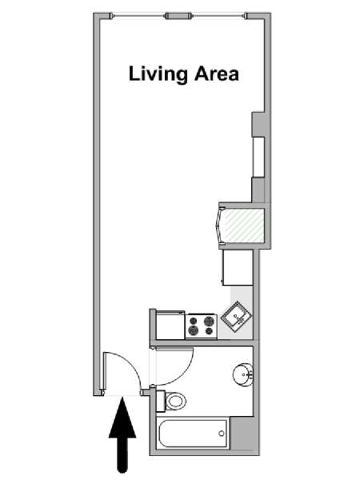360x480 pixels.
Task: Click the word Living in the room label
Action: point(158,74)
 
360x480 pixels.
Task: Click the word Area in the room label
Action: point(217,74)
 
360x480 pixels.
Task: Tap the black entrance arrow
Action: point(122,435)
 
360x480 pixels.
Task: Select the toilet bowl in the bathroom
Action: point(176,401)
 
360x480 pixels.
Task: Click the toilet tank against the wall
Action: point(161,401)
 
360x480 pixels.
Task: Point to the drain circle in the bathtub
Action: point(222,433)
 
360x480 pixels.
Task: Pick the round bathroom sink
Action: point(242,374)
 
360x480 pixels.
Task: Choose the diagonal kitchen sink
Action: point(236,316)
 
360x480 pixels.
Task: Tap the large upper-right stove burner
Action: point(209,322)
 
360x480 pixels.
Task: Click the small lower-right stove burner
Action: point(209,331)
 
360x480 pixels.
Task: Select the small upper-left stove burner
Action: point(194,321)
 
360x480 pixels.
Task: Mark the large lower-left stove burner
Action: point(194,330)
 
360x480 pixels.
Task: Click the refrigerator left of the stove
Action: point(170,325)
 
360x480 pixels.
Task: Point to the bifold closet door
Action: point(220,225)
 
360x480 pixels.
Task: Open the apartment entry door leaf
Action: point(104,372)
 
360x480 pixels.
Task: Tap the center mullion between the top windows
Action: point(178,16)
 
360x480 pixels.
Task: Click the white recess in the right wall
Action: point(258,157)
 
